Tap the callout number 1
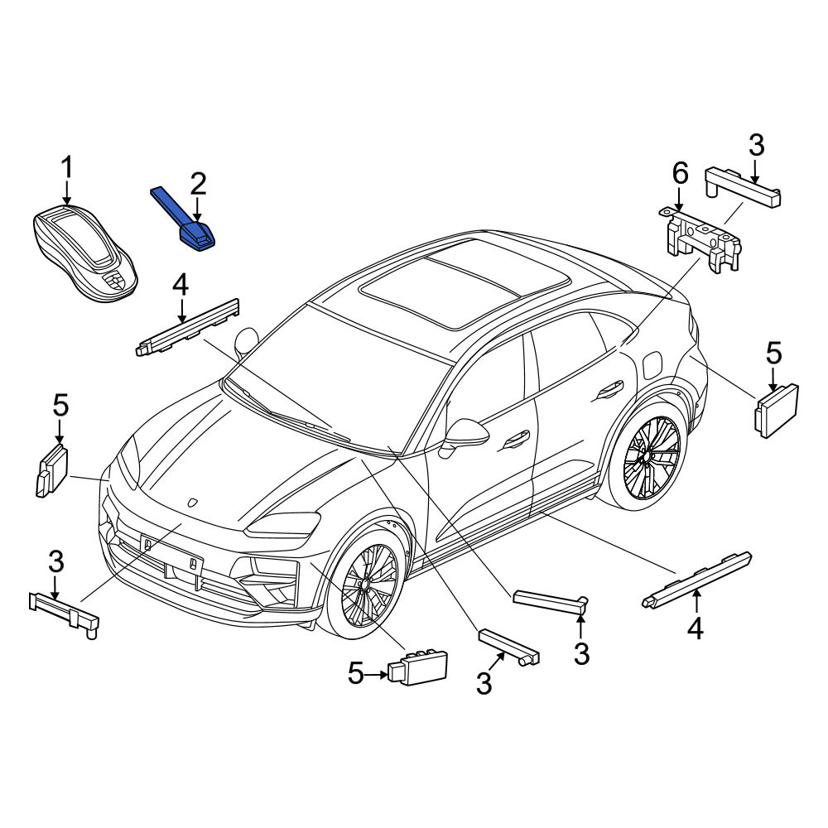(x=67, y=168)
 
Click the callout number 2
(x=198, y=185)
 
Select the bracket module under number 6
(x=700, y=239)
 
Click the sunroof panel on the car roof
(x=465, y=282)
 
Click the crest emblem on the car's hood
(x=192, y=503)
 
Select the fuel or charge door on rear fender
(x=652, y=366)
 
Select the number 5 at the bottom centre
(x=355, y=674)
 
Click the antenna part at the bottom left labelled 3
(x=64, y=614)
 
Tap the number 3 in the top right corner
(x=756, y=145)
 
